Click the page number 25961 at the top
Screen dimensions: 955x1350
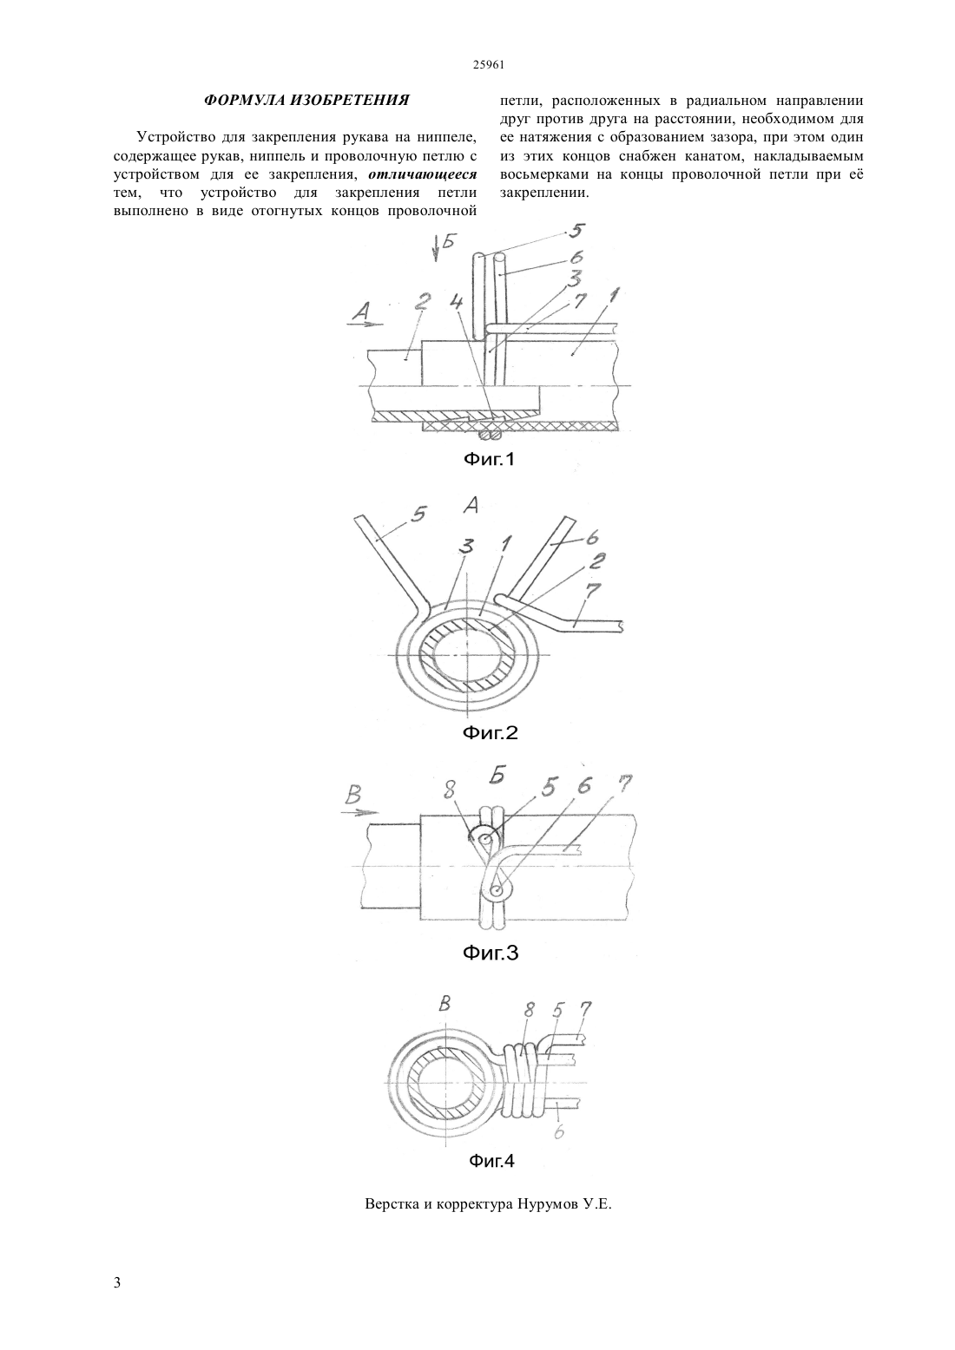(488, 65)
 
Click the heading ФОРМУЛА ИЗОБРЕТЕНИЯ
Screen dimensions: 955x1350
(306, 100)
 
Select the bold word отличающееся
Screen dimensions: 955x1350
(423, 174)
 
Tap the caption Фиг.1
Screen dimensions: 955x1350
(489, 461)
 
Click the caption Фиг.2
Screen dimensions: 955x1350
(491, 733)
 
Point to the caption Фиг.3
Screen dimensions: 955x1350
(491, 953)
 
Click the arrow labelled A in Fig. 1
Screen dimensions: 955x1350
(366, 324)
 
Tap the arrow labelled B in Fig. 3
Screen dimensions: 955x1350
(359, 812)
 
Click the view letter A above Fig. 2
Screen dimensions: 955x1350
(471, 506)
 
